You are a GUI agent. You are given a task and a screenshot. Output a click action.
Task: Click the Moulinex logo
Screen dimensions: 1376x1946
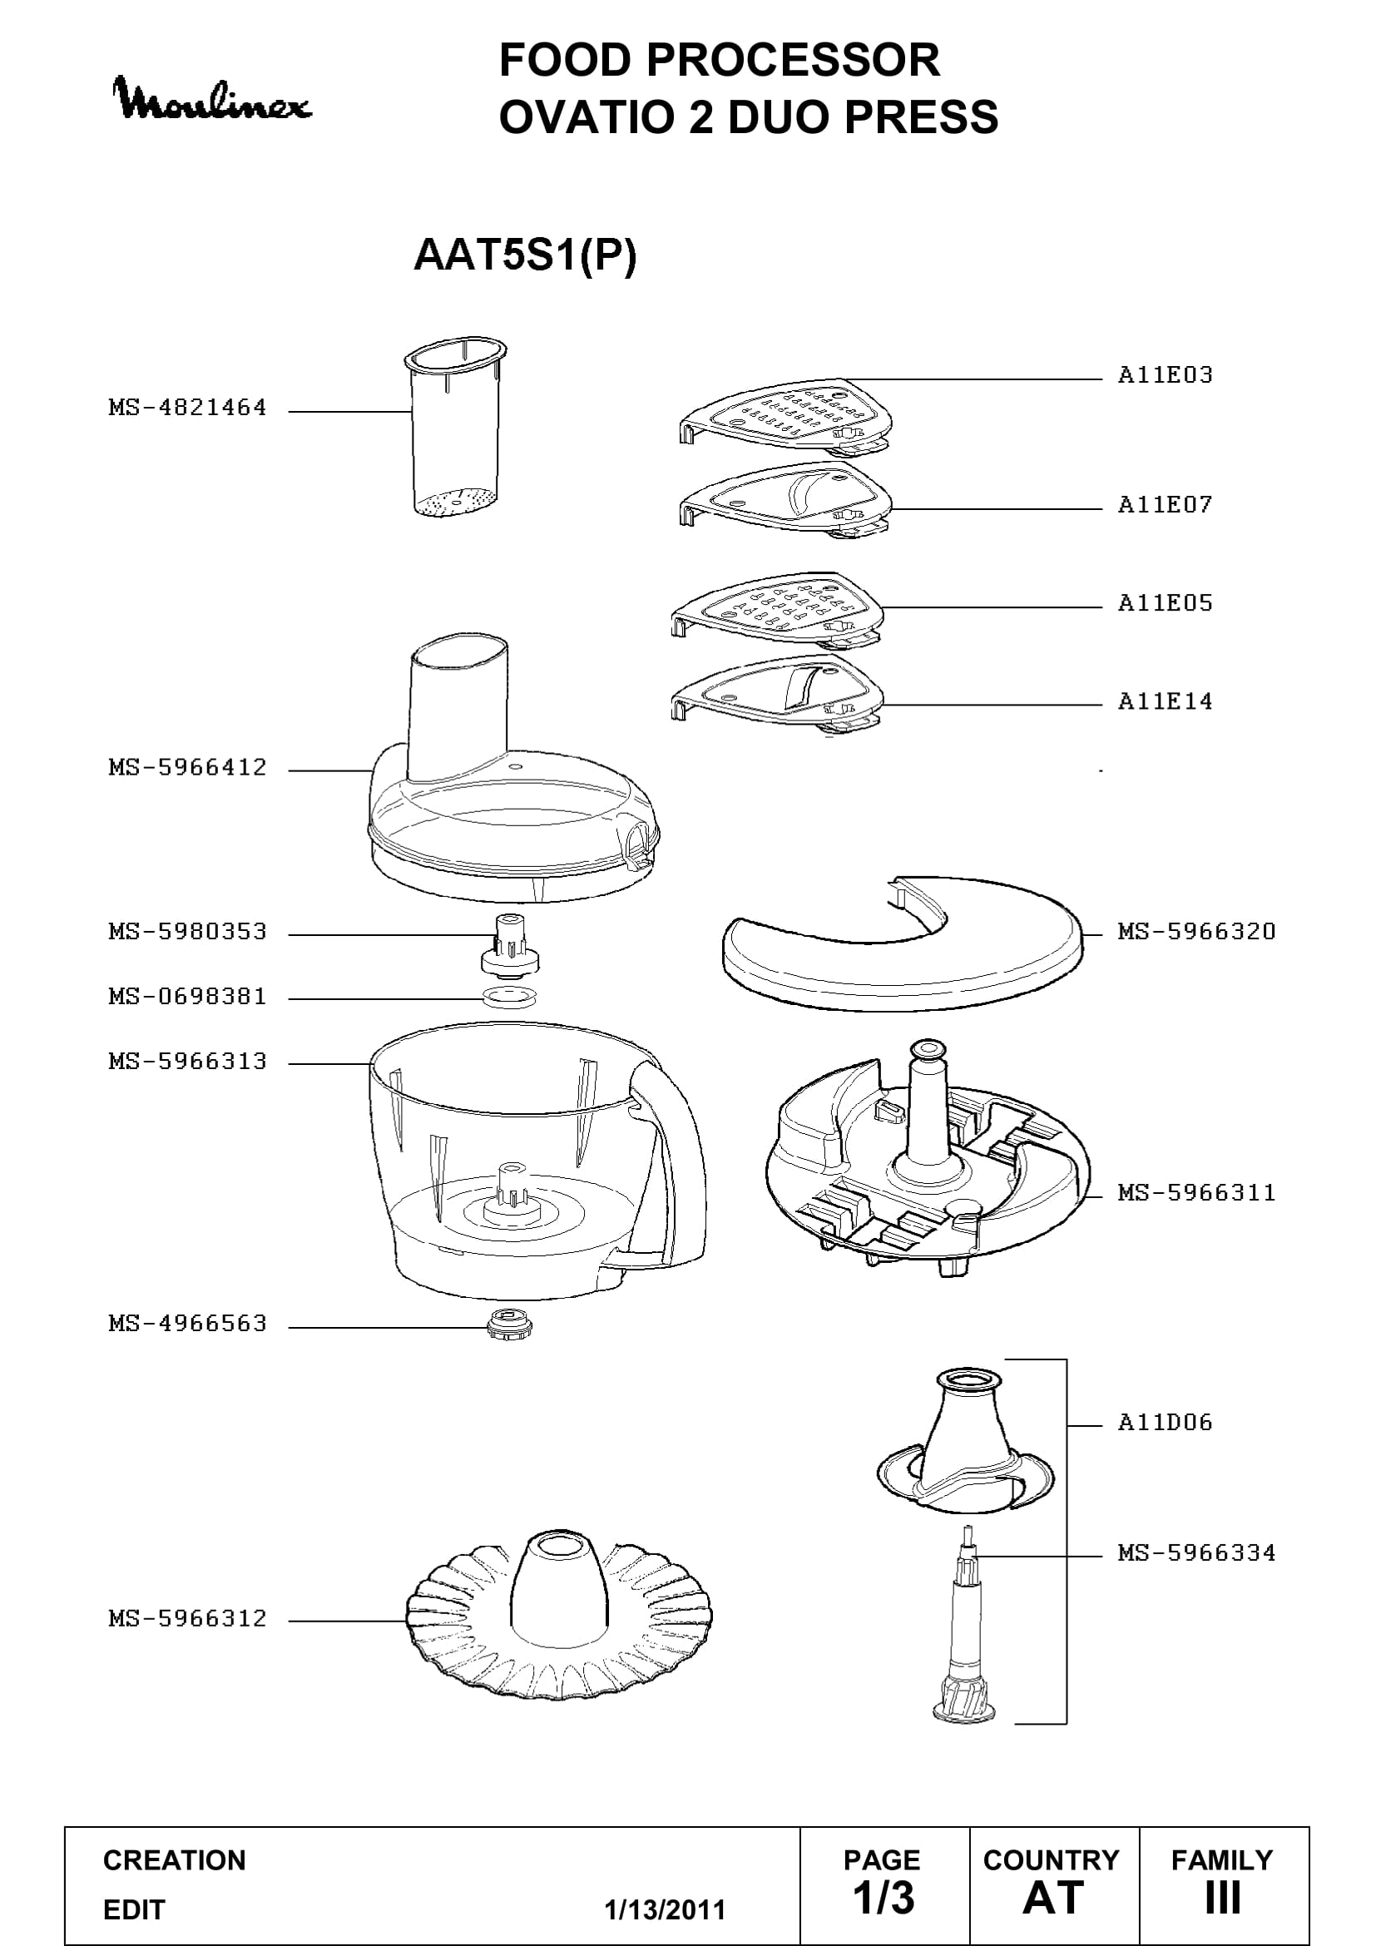[213, 100]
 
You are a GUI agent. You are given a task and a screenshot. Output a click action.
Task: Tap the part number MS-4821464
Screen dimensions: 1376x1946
[187, 408]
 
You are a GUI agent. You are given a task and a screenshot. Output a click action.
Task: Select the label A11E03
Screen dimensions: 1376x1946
[1165, 374]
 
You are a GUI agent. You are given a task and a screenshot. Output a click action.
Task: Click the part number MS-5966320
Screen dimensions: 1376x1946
[1196, 932]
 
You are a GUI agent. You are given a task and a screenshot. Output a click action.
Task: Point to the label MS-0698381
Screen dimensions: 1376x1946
[187, 996]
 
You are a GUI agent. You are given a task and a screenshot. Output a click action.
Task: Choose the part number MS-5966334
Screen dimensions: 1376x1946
[1196, 1552]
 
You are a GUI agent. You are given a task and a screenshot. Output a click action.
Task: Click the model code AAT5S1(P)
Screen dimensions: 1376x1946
[524, 255]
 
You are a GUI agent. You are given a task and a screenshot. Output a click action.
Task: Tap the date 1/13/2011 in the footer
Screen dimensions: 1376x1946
[666, 1909]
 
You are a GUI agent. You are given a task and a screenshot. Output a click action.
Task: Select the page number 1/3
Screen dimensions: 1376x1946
[883, 1898]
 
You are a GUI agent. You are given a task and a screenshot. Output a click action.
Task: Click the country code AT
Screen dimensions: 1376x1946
[1053, 1898]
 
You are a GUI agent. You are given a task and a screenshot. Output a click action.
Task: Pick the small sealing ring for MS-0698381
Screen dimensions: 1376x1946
[509, 997]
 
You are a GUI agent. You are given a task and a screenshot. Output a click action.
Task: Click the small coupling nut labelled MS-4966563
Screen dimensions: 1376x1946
[508, 1323]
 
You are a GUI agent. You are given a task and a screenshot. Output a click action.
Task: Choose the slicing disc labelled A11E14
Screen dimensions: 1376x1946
[777, 692]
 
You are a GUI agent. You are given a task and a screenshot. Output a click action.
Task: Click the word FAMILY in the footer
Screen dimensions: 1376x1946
[1222, 1859]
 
